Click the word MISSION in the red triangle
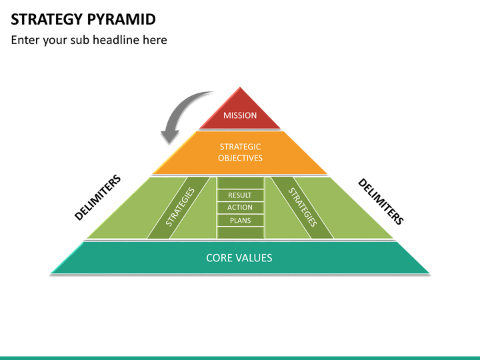[240, 115]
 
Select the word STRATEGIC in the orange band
[240, 147]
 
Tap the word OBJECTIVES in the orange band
[240, 158]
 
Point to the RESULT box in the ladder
[240, 195]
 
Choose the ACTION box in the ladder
[240, 207]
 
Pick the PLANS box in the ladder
[240, 221]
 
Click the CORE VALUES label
[239, 258]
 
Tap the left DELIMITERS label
[97, 197]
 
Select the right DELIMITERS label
[381, 201]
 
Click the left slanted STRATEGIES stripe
[179, 207]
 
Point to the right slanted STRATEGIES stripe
[302, 207]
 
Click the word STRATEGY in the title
[47, 19]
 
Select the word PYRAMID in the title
[121, 19]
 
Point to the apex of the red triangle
[240, 87]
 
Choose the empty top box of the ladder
[240, 183]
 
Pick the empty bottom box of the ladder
[240, 233]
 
